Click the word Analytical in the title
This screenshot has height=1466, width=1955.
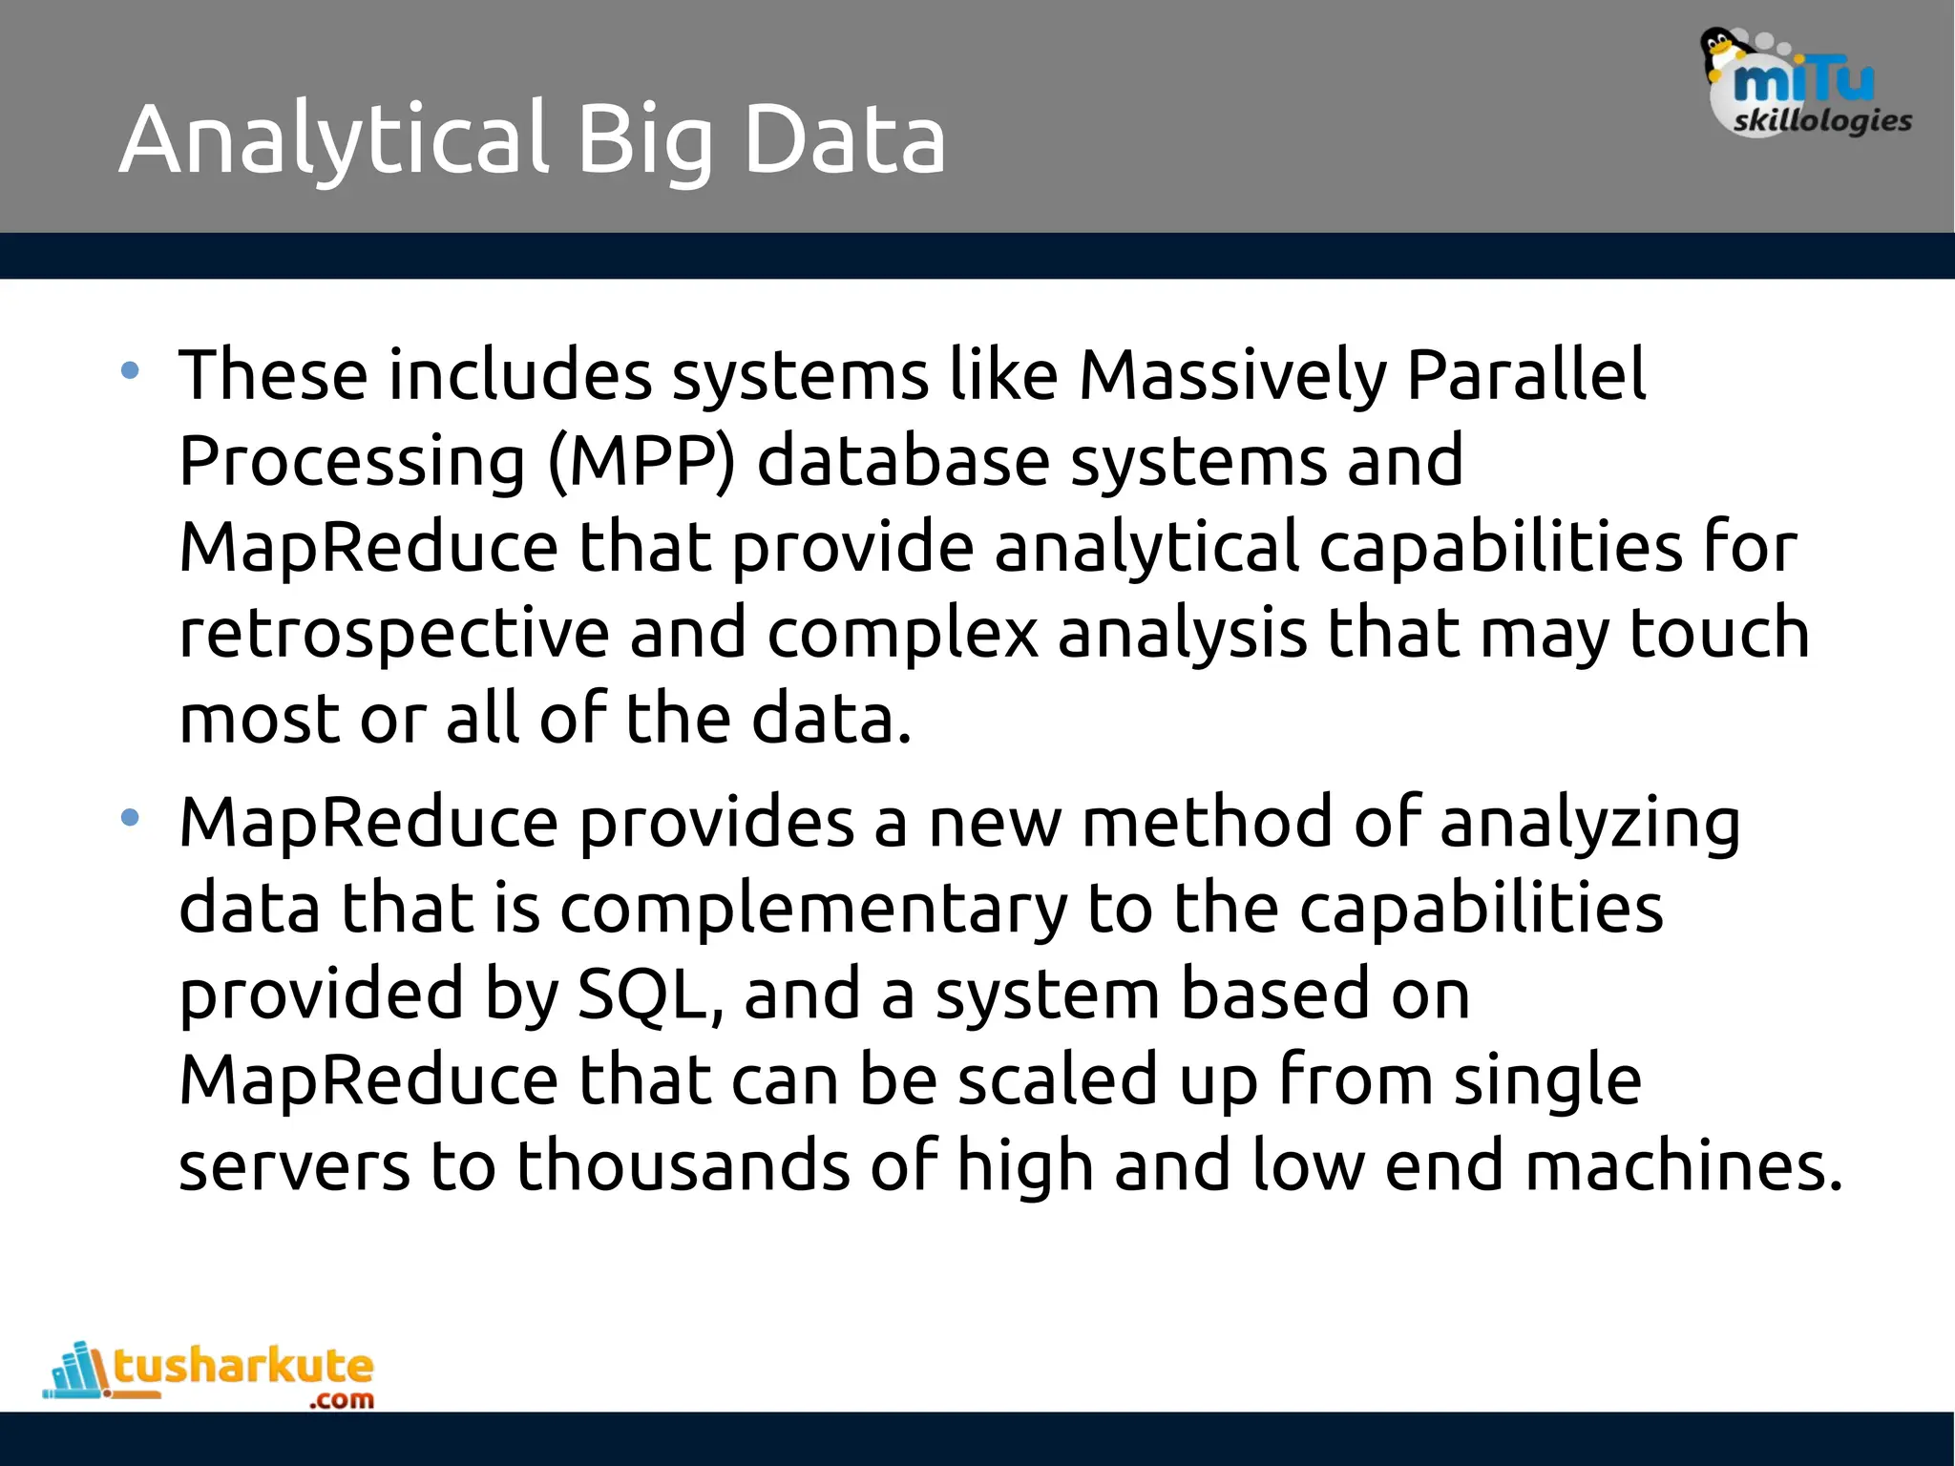pos(334,140)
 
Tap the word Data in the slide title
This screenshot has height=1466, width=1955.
pos(844,140)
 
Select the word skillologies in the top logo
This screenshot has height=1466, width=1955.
pos(1821,121)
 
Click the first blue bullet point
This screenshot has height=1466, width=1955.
pos(131,371)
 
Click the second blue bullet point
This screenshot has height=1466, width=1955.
pos(131,818)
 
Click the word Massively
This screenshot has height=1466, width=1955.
pos(1231,376)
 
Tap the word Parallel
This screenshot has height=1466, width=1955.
pos(1526,374)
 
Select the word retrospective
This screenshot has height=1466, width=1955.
pos(393,635)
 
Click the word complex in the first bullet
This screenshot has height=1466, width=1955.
pos(902,635)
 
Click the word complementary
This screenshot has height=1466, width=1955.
pos(813,910)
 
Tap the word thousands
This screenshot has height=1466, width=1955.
pos(683,1166)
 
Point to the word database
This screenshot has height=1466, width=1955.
pos(902,462)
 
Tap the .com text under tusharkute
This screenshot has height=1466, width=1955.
pos(342,1400)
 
